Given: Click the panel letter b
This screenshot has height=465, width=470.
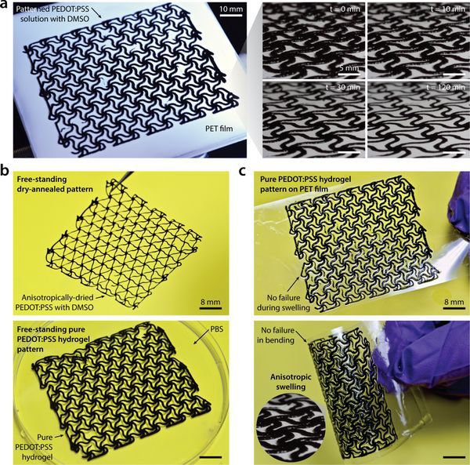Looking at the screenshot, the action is [5, 171].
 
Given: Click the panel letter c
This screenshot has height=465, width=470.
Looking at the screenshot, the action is [242, 172].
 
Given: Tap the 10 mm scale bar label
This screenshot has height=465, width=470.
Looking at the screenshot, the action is [231, 9].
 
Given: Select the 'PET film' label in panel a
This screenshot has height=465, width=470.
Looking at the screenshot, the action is [219, 129].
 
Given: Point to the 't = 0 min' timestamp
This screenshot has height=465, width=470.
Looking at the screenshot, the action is [345, 9].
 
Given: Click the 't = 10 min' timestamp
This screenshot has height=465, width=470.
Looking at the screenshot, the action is [447, 9].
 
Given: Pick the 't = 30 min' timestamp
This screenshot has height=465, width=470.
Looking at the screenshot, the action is [342, 87].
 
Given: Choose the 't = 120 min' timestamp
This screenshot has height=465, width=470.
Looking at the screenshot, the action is [446, 87].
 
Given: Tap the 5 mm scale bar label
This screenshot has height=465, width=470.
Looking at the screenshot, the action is [349, 68].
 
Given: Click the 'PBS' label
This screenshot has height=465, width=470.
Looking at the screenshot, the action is [217, 329].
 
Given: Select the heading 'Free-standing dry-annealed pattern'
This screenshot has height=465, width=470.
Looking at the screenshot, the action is [55, 184].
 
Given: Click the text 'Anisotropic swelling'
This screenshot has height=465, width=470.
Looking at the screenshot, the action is [291, 382].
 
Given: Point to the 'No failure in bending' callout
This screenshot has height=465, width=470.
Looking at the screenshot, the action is [277, 335].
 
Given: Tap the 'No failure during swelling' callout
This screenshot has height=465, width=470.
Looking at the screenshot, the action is [284, 303].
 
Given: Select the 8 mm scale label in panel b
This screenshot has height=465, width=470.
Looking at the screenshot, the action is [211, 302].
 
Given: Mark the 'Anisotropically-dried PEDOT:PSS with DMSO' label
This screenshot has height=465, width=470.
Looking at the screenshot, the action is [57, 303].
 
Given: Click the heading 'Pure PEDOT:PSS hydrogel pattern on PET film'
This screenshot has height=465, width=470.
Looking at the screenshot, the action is [302, 184].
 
